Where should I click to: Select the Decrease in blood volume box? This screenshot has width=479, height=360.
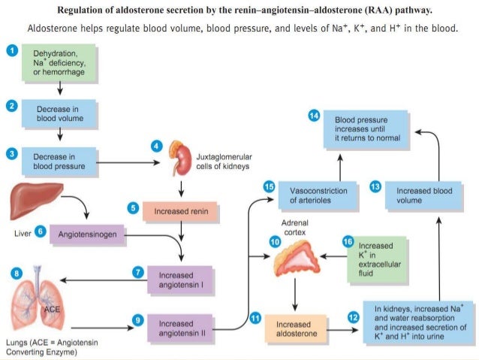pyautogui.click(x=59, y=113)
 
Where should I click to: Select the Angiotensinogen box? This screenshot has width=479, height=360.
pyautogui.click(x=88, y=235)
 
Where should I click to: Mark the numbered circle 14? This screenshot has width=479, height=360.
pyautogui.click(x=315, y=115)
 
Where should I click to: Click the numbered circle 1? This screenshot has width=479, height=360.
pyautogui.click(x=11, y=50)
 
